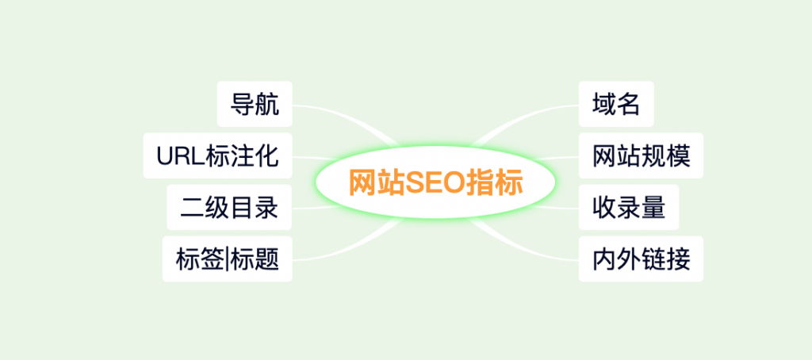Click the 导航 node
pyautogui.click(x=255, y=104)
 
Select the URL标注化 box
pyautogui.click(x=218, y=155)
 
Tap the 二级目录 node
pyautogui.click(x=229, y=207)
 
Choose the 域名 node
pyautogui.click(x=616, y=104)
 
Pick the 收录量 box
pyautogui.click(x=629, y=207)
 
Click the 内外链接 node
pyautogui.click(x=641, y=259)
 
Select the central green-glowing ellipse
pyautogui.click(x=435, y=182)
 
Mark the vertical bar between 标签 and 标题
pyautogui.click(x=228, y=260)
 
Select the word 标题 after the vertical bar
pyautogui.click(x=255, y=260)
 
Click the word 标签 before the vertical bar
pyautogui.click(x=201, y=260)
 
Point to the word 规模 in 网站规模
pyautogui.click(x=666, y=156)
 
